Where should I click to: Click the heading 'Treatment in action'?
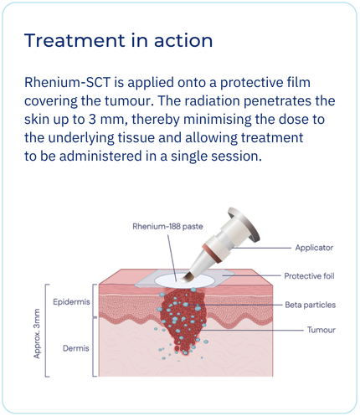(x=118, y=40)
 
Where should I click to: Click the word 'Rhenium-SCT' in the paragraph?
(x=68, y=83)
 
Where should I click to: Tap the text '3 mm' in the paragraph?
(x=106, y=120)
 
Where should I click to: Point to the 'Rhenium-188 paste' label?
(x=167, y=226)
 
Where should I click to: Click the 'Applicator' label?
(x=314, y=248)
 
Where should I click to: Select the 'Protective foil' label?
(x=309, y=276)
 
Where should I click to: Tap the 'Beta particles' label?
(x=310, y=305)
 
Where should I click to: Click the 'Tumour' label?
(x=321, y=330)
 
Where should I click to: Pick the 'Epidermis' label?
(x=71, y=302)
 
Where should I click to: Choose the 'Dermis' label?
(x=76, y=348)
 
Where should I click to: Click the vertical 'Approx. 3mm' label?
(x=37, y=333)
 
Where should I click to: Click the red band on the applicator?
(x=212, y=253)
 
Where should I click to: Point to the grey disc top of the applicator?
(x=244, y=224)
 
